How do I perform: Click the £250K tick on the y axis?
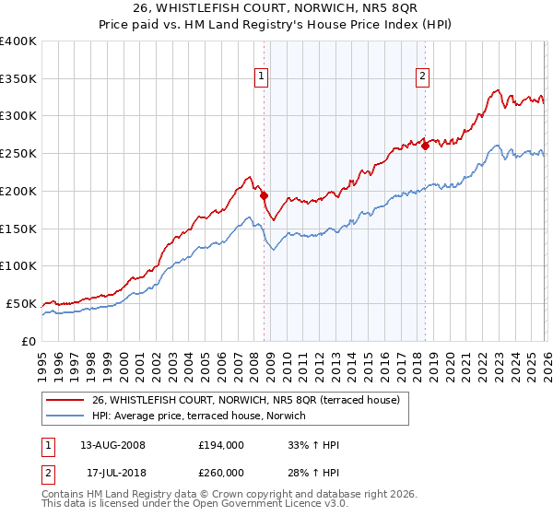pyautogui.click(x=18, y=153)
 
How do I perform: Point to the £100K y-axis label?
pyautogui.click(x=18, y=265)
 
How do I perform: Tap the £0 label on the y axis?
pyautogui.click(x=29, y=341)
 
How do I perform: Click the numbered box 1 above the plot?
pyautogui.click(x=263, y=77)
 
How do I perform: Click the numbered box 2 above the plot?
pyautogui.click(x=422, y=77)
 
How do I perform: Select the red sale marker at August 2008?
pyautogui.click(x=264, y=195)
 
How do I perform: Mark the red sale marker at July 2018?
pyautogui.click(x=425, y=146)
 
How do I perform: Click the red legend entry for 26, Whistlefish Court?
pyautogui.click(x=245, y=400)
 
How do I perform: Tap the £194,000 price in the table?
pyautogui.click(x=220, y=445)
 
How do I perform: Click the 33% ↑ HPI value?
pyautogui.click(x=314, y=445)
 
